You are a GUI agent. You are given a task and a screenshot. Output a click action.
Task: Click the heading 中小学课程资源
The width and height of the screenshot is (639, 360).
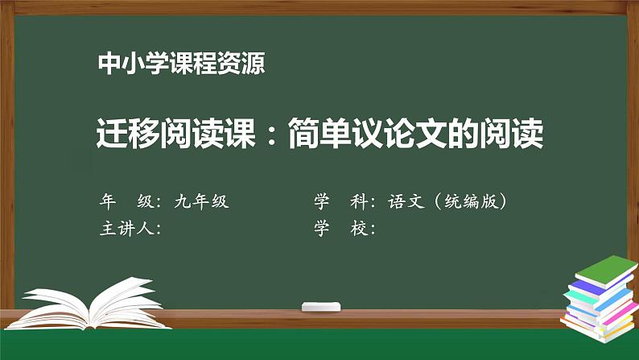tap(179, 64)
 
